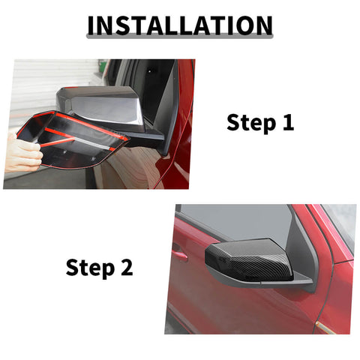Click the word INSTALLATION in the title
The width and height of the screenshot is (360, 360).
tap(179, 25)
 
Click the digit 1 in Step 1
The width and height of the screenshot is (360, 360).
tap(287, 122)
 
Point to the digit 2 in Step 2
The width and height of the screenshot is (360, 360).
tap(126, 266)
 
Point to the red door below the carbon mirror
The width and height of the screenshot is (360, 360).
tap(247, 311)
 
